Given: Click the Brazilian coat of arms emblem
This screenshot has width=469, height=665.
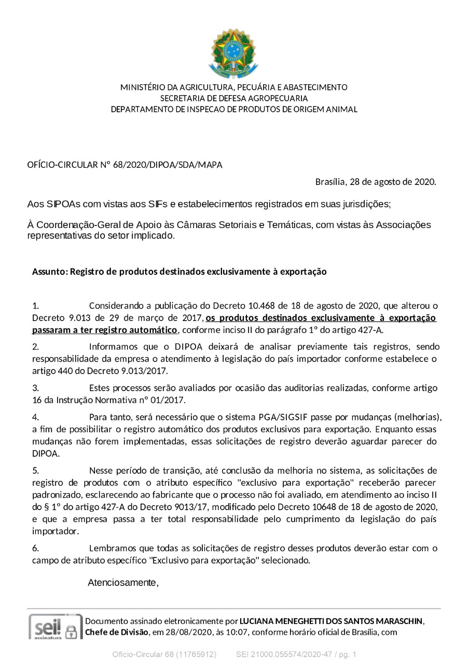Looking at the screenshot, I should pos(233,54).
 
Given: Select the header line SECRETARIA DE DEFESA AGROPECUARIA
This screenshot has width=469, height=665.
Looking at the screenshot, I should pos(234,98).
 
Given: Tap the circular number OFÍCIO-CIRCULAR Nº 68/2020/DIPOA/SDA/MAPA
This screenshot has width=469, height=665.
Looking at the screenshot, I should pos(125,165).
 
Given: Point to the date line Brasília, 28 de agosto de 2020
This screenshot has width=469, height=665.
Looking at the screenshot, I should pos(376,182).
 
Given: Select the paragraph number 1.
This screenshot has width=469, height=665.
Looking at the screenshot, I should pos(35,305).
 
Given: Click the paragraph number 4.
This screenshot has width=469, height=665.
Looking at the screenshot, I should pos(35,417).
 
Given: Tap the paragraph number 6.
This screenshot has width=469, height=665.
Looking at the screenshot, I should pos(35,548).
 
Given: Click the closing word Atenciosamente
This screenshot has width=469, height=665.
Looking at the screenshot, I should pos(123,582).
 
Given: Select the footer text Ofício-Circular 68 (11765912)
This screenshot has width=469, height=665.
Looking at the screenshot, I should pos(164,655).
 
